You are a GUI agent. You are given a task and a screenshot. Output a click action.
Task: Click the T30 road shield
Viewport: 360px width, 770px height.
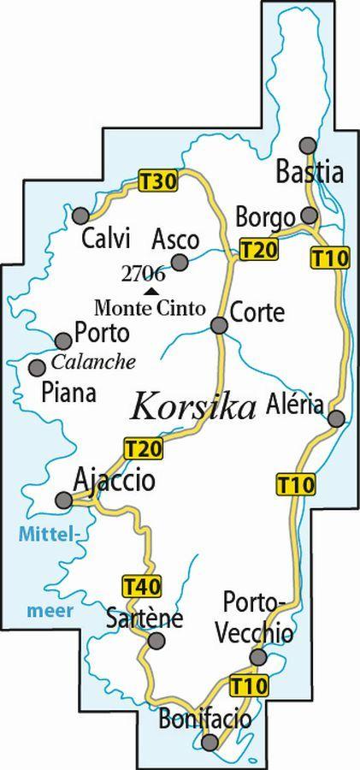156,181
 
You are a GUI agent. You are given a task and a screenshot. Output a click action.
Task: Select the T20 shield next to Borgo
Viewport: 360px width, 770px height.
258,250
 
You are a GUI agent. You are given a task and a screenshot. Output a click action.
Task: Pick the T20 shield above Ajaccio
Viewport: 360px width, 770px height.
143,447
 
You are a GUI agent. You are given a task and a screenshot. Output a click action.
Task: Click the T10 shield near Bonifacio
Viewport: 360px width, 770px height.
249,684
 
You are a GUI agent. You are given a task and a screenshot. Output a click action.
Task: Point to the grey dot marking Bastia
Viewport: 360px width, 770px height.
309,145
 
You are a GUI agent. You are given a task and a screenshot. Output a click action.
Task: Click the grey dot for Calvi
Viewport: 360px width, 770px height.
80,215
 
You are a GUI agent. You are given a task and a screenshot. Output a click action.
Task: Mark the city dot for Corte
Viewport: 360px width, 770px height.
219,325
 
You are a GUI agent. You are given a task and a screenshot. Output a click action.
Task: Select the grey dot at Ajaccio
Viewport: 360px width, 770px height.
63,500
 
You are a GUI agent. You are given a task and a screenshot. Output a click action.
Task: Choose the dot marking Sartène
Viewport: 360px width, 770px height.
155,641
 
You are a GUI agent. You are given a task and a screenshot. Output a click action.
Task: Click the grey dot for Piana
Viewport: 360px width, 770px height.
37,367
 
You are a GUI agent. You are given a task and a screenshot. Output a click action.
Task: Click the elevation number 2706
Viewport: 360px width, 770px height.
143,275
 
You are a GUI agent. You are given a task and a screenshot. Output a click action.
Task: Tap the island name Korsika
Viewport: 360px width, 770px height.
193,406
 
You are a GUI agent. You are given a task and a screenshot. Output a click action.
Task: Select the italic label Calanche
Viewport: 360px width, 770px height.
94,362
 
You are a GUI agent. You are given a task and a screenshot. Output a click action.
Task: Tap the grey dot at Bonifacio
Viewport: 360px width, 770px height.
209,741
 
